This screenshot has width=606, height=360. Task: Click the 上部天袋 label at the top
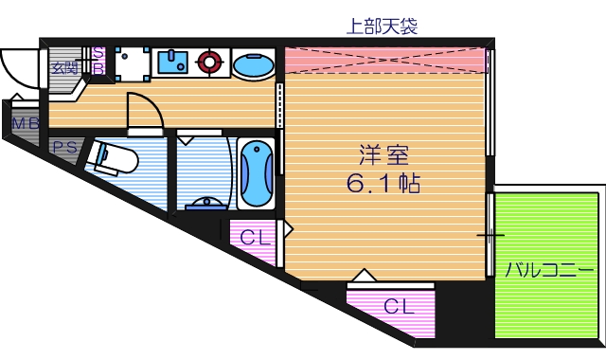(383, 27)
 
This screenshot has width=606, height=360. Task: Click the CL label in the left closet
(253, 237)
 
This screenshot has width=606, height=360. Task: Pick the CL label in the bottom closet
(399, 306)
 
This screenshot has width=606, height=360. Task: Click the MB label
(25, 124)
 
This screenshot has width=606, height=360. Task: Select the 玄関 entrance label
(64, 67)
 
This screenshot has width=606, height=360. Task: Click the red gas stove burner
(208, 63)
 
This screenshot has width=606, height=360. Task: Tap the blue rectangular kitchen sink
(172, 63)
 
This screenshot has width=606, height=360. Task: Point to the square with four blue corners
(133, 63)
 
